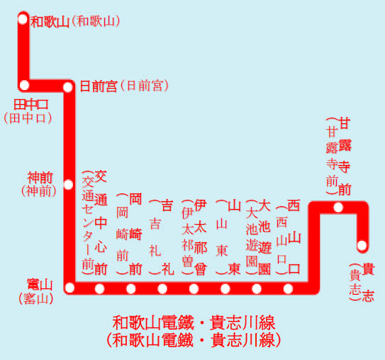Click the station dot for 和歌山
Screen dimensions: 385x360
[x=23, y=19]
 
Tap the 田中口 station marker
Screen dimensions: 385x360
[x=25, y=85]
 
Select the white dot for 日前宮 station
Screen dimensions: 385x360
[x=68, y=87]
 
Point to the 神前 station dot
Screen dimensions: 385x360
[x=68, y=184]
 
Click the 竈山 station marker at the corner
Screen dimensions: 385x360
[x=69, y=288]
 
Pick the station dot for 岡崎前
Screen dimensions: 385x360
[x=131, y=289]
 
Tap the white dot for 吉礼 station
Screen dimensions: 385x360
[x=162, y=289]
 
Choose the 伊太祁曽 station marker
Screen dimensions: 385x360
[x=194, y=289]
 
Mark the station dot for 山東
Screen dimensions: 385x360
[x=225, y=289]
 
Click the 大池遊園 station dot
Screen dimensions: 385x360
[x=257, y=289]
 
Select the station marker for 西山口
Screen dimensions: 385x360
[x=288, y=289]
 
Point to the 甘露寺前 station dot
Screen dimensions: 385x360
[x=338, y=208]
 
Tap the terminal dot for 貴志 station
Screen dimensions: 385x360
[x=362, y=245]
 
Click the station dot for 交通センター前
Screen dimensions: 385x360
[x=99, y=289]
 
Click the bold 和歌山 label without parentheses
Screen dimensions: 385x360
[x=50, y=22]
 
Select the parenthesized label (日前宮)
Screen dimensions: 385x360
[x=145, y=86]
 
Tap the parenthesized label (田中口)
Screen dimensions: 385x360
[x=28, y=118]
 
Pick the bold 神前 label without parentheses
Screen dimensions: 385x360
[x=40, y=178]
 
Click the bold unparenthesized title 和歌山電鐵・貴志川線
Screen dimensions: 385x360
[x=194, y=322]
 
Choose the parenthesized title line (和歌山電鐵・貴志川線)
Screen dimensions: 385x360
[x=194, y=340]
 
